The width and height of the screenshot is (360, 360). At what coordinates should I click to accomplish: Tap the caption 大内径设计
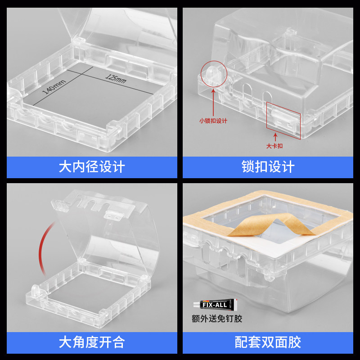(92, 167)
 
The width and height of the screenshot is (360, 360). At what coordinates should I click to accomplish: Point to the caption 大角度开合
(92, 343)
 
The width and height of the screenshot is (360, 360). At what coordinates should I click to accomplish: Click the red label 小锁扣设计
(213, 121)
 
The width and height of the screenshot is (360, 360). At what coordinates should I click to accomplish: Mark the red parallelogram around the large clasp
(283, 118)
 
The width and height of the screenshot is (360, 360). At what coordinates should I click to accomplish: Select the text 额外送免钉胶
(217, 319)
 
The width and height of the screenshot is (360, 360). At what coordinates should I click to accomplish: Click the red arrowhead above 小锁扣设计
(212, 90)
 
